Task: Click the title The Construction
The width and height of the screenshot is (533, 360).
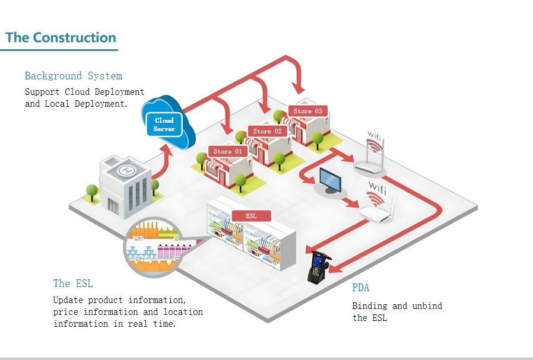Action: click(x=61, y=38)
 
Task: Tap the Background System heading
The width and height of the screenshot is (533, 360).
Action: click(x=74, y=76)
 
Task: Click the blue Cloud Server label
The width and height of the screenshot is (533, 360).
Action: click(x=164, y=125)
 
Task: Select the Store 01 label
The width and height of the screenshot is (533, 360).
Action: click(x=227, y=151)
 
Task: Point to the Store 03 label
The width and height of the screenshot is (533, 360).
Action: click(x=307, y=111)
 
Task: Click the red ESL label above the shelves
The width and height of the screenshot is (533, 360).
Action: click(x=251, y=216)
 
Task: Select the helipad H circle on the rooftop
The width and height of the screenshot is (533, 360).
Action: click(x=126, y=171)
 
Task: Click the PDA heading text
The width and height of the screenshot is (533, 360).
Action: click(x=360, y=288)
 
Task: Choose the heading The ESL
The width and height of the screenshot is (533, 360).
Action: click(x=73, y=283)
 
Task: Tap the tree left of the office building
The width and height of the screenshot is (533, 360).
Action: click(x=91, y=192)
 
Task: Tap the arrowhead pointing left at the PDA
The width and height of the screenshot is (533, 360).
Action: click(x=335, y=270)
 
